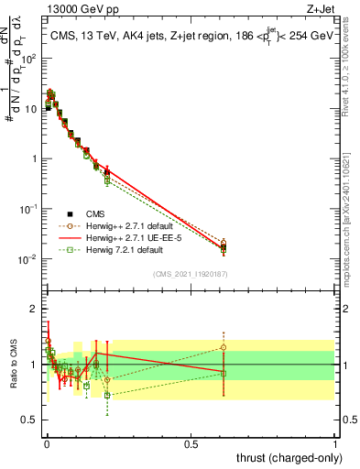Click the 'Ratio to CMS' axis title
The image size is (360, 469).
click(x=12, y=365)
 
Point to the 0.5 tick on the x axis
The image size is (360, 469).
click(x=191, y=442)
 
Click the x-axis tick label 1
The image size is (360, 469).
click(x=335, y=442)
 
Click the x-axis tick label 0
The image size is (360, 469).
click(x=46, y=442)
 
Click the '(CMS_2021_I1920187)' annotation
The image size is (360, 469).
click(x=190, y=274)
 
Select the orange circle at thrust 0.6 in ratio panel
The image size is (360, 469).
click(x=224, y=347)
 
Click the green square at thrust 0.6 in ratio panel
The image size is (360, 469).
click(x=224, y=373)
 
